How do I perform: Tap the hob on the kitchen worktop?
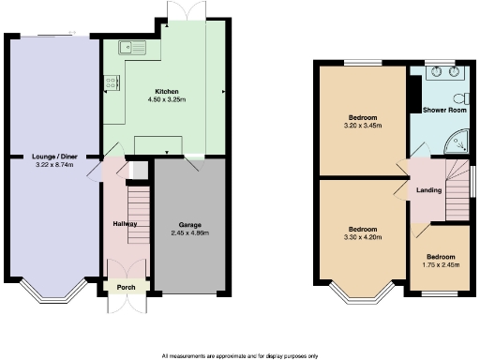click(111, 82)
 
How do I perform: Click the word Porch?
click(126, 288)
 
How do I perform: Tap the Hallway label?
click(126, 224)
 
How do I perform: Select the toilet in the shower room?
click(459, 98)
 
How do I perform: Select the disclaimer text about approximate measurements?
click(240, 355)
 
